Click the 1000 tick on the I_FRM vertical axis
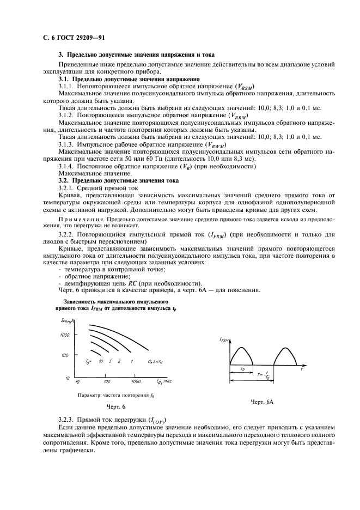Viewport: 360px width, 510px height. click(66, 336)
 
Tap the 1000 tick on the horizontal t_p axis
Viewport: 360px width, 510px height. click(136, 381)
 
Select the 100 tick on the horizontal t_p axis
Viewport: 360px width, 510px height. click(107, 381)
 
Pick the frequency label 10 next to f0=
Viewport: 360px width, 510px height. click(101, 362)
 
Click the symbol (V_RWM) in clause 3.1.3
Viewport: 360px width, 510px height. click(218, 144)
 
